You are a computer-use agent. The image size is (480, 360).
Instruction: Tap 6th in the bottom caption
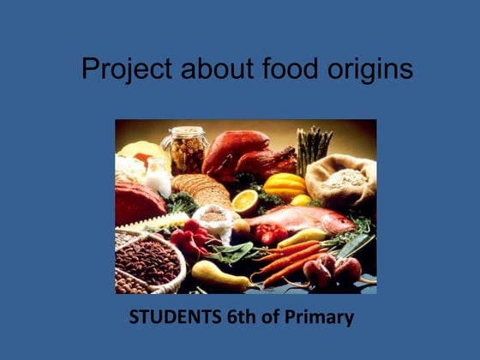[x=240, y=317]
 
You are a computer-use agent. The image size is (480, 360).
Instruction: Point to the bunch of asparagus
[x=314, y=146]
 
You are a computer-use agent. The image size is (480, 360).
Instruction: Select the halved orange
[x=244, y=202]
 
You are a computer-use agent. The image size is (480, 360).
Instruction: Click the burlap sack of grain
[x=344, y=180]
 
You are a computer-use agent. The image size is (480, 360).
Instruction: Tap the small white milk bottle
[x=157, y=177]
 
